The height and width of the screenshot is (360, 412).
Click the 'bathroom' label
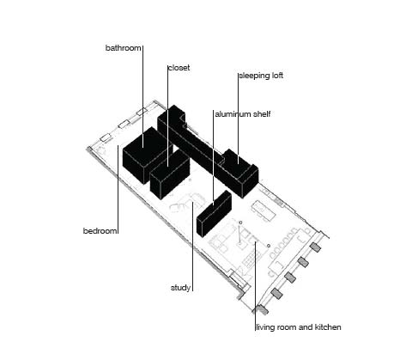tap(124, 48)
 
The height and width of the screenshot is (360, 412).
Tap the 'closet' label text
tap(179, 68)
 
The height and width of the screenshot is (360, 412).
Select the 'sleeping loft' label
tap(261, 76)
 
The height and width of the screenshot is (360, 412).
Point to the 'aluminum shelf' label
tap(243, 114)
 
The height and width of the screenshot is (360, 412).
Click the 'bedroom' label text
tap(100, 231)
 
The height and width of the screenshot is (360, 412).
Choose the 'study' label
tap(180, 288)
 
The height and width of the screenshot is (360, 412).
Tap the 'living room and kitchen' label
tap(299, 327)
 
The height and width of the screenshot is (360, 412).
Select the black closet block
tap(170, 174)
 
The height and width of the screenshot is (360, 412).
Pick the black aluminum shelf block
tap(214, 213)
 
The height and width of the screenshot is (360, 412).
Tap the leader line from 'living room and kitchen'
tap(256, 286)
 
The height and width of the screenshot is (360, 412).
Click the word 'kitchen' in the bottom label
tap(328, 327)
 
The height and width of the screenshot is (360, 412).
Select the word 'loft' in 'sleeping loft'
tap(277, 76)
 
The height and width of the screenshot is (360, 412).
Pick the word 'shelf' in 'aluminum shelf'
tap(261, 114)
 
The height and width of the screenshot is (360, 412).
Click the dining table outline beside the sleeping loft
tap(264, 211)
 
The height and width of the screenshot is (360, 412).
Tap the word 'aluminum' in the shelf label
tap(233, 114)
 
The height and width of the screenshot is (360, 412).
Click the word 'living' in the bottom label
tap(264, 327)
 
